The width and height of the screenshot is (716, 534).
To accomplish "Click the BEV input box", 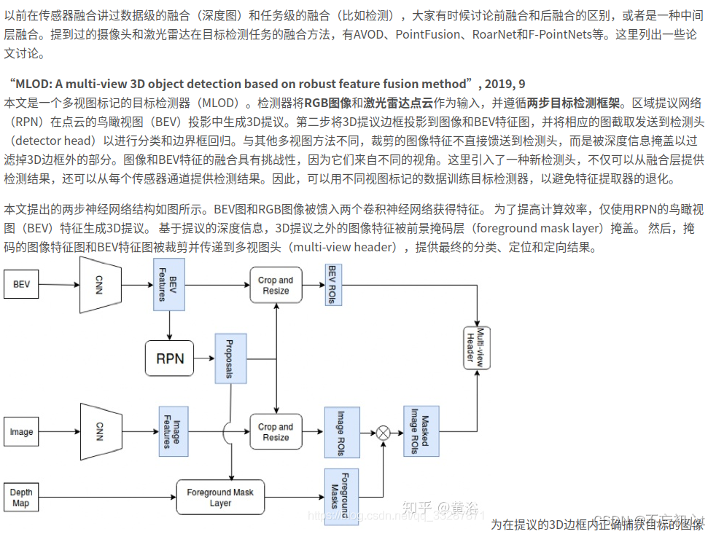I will click(x=22, y=284).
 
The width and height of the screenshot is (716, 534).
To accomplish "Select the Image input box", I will click(x=22, y=432).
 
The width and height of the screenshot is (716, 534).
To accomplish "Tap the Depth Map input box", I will click(x=22, y=498).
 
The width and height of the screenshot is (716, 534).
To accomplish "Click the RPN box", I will click(x=170, y=358).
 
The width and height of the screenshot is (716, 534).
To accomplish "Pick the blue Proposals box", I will click(x=230, y=358).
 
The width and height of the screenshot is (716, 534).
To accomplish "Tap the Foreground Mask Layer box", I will click(x=220, y=498).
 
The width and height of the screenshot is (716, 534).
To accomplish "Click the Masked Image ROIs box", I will click(x=421, y=432).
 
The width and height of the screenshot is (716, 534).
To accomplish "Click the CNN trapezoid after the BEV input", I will click(x=99, y=284).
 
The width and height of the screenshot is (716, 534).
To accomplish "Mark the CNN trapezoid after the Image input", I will click(x=99, y=432).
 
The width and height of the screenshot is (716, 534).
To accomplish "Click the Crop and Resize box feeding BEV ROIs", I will click(x=276, y=286).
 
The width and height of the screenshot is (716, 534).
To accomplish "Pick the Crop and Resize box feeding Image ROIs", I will click(x=276, y=432).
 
